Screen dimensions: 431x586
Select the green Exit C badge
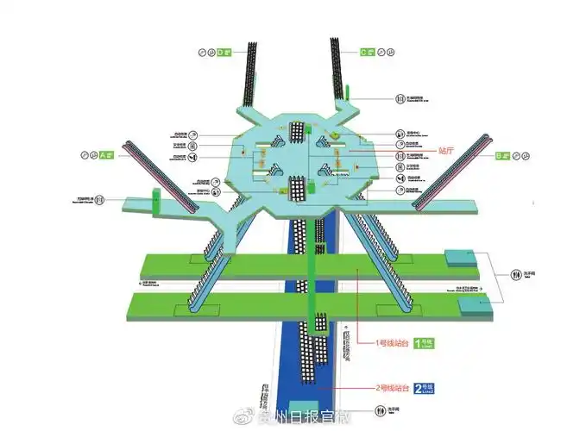(x=366, y=53)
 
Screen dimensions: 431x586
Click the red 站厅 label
(x=446, y=149)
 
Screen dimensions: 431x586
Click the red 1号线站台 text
(x=392, y=342)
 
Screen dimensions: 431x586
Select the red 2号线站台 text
(x=392, y=388)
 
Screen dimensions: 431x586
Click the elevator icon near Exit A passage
(x=100, y=200)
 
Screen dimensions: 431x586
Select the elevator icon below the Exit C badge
(x=400, y=98)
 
